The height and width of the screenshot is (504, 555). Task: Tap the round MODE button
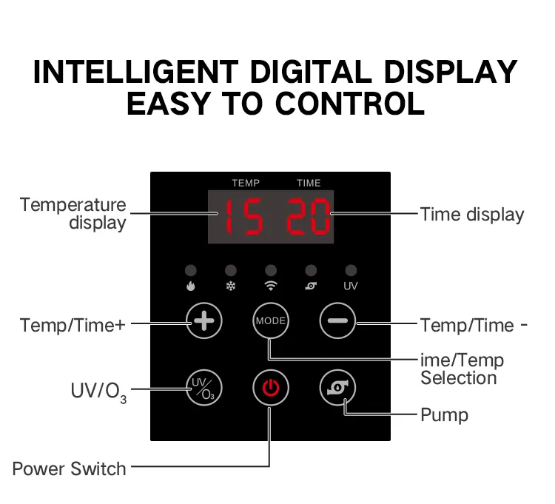pos(271,320)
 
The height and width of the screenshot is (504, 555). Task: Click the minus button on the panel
pos(337,320)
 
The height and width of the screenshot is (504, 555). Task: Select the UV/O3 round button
pos(204,388)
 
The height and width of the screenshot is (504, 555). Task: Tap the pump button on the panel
pos(337,388)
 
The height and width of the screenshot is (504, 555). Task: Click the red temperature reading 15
pos(244,217)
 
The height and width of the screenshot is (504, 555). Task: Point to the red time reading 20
pos(308,217)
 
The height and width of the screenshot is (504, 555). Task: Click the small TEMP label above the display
pos(246,183)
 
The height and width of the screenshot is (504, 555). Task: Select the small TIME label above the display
pos(309,183)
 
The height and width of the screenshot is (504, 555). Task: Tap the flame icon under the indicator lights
pos(191,286)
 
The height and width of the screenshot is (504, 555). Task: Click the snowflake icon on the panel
pos(231,286)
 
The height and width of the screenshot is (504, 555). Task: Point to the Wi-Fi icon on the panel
pos(271,286)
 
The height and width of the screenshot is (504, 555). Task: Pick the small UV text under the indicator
pos(351,286)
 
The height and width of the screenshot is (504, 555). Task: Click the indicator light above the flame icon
pos(191,271)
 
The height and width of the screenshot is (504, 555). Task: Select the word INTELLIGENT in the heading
pos(136,72)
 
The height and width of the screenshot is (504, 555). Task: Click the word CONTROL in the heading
pos(350,104)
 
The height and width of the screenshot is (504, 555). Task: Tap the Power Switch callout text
pos(70,469)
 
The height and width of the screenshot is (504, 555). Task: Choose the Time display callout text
pos(472,215)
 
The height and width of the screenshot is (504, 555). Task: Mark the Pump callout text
pos(444,414)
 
